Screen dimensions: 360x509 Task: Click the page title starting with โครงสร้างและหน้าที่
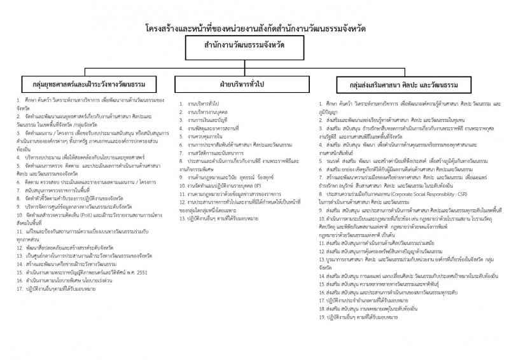pos(254,29)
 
